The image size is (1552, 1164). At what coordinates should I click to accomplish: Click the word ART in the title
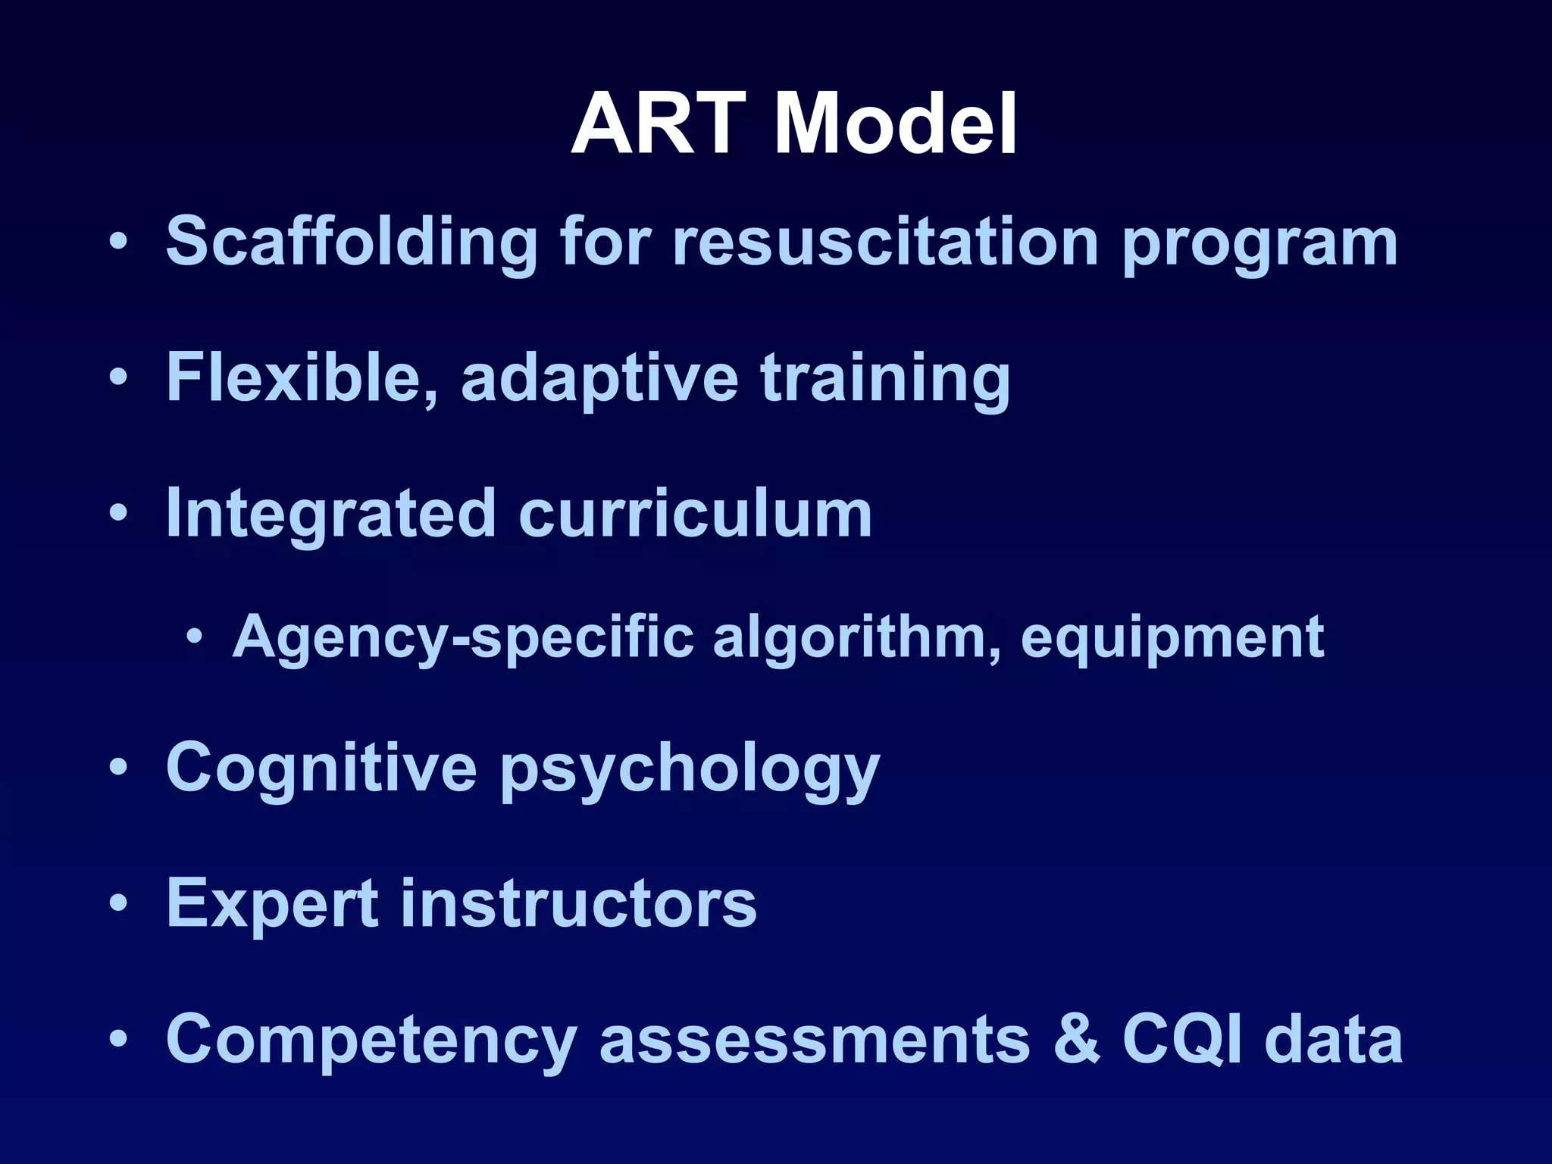pos(658,124)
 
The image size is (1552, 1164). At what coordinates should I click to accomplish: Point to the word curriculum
pos(695,513)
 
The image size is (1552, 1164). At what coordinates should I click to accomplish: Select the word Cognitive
pos(321,768)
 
